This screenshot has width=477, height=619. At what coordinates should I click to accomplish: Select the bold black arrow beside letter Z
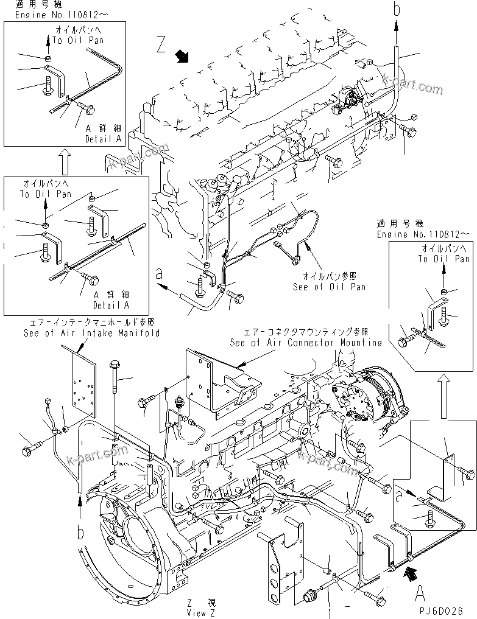pos(182,57)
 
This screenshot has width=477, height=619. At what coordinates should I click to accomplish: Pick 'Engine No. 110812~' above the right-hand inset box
pos(423,234)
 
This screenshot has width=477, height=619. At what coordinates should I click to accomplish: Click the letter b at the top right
pos(397,10)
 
